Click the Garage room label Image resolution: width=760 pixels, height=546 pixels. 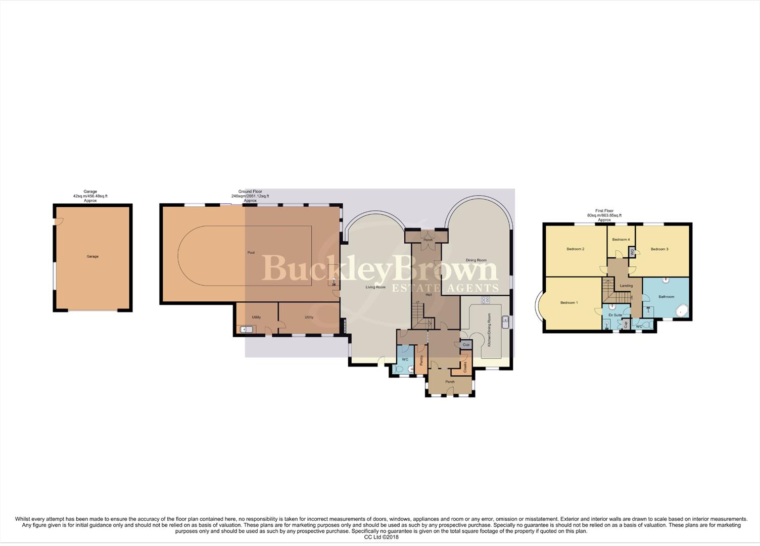(92, 256)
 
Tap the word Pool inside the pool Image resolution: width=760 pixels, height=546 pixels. (251, 252)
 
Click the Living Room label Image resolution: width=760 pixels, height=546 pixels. (375, 287)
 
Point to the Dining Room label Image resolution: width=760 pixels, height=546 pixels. (476, 260)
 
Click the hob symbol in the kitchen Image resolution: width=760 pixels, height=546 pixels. (485, 300)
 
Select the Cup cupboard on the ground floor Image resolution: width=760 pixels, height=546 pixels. (466, 344)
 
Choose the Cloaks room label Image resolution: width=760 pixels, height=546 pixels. (465, 367)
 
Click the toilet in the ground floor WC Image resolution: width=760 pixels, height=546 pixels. (400, 370)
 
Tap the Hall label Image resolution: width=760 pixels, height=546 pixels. (429, 294)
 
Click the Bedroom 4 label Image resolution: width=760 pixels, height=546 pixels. (621, 240)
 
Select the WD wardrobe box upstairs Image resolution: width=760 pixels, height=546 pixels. (632, 252)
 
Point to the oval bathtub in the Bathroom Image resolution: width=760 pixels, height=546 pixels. (682, 310)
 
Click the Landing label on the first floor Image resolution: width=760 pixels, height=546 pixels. (626, 286)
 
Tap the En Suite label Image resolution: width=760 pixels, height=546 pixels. (615, 315)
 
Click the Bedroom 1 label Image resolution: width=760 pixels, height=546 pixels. (569, 303)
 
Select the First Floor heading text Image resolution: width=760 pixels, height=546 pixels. (604, 211)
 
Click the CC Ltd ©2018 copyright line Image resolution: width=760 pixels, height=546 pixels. (381, 537)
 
